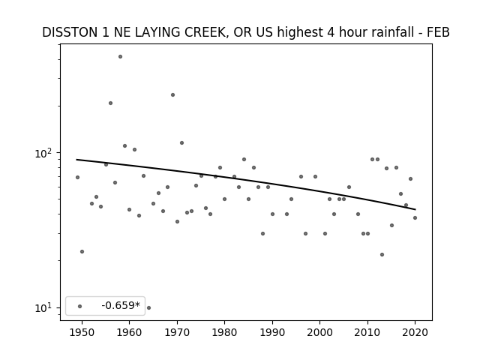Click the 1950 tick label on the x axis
(82, 333)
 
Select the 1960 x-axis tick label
(129, 333)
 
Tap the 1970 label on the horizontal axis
(177, 333)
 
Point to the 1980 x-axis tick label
(224, 333)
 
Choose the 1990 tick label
(272, 333)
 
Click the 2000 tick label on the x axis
(319, 333)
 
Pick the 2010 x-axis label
(367, 333)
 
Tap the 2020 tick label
(415, 333)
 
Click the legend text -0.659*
(121, 305)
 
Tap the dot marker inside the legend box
(80, 306)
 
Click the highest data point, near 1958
(120, 57)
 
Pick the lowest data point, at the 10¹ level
(148, 307)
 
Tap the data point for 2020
(415, 218)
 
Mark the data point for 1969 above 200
(172, 95)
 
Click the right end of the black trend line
(415, 209)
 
